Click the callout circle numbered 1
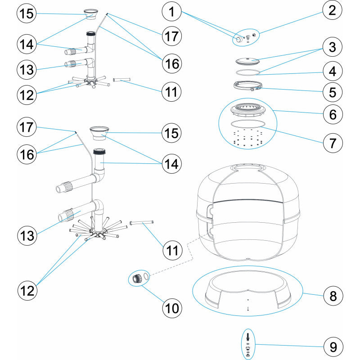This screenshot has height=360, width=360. [171, 13]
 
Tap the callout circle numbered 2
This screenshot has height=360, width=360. [332, 10]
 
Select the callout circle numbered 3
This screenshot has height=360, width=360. [332, 47]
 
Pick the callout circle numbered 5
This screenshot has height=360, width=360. [332, 92]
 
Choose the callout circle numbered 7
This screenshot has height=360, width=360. [333, 143]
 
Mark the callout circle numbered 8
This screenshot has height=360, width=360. [333, 296]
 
